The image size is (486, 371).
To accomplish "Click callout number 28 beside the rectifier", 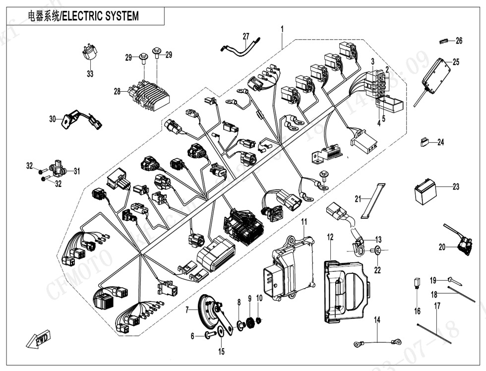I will tap(118, 92).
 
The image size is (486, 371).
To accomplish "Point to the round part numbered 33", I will tap(89, 53).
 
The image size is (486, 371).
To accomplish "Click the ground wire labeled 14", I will tap(376, 341).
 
